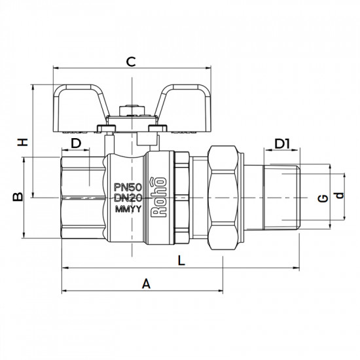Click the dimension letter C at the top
pos(130,62)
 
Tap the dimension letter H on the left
pos(22,142)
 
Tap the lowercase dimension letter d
pos(338,198)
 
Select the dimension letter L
pos(181,260)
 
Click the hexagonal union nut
pos(225,196)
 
